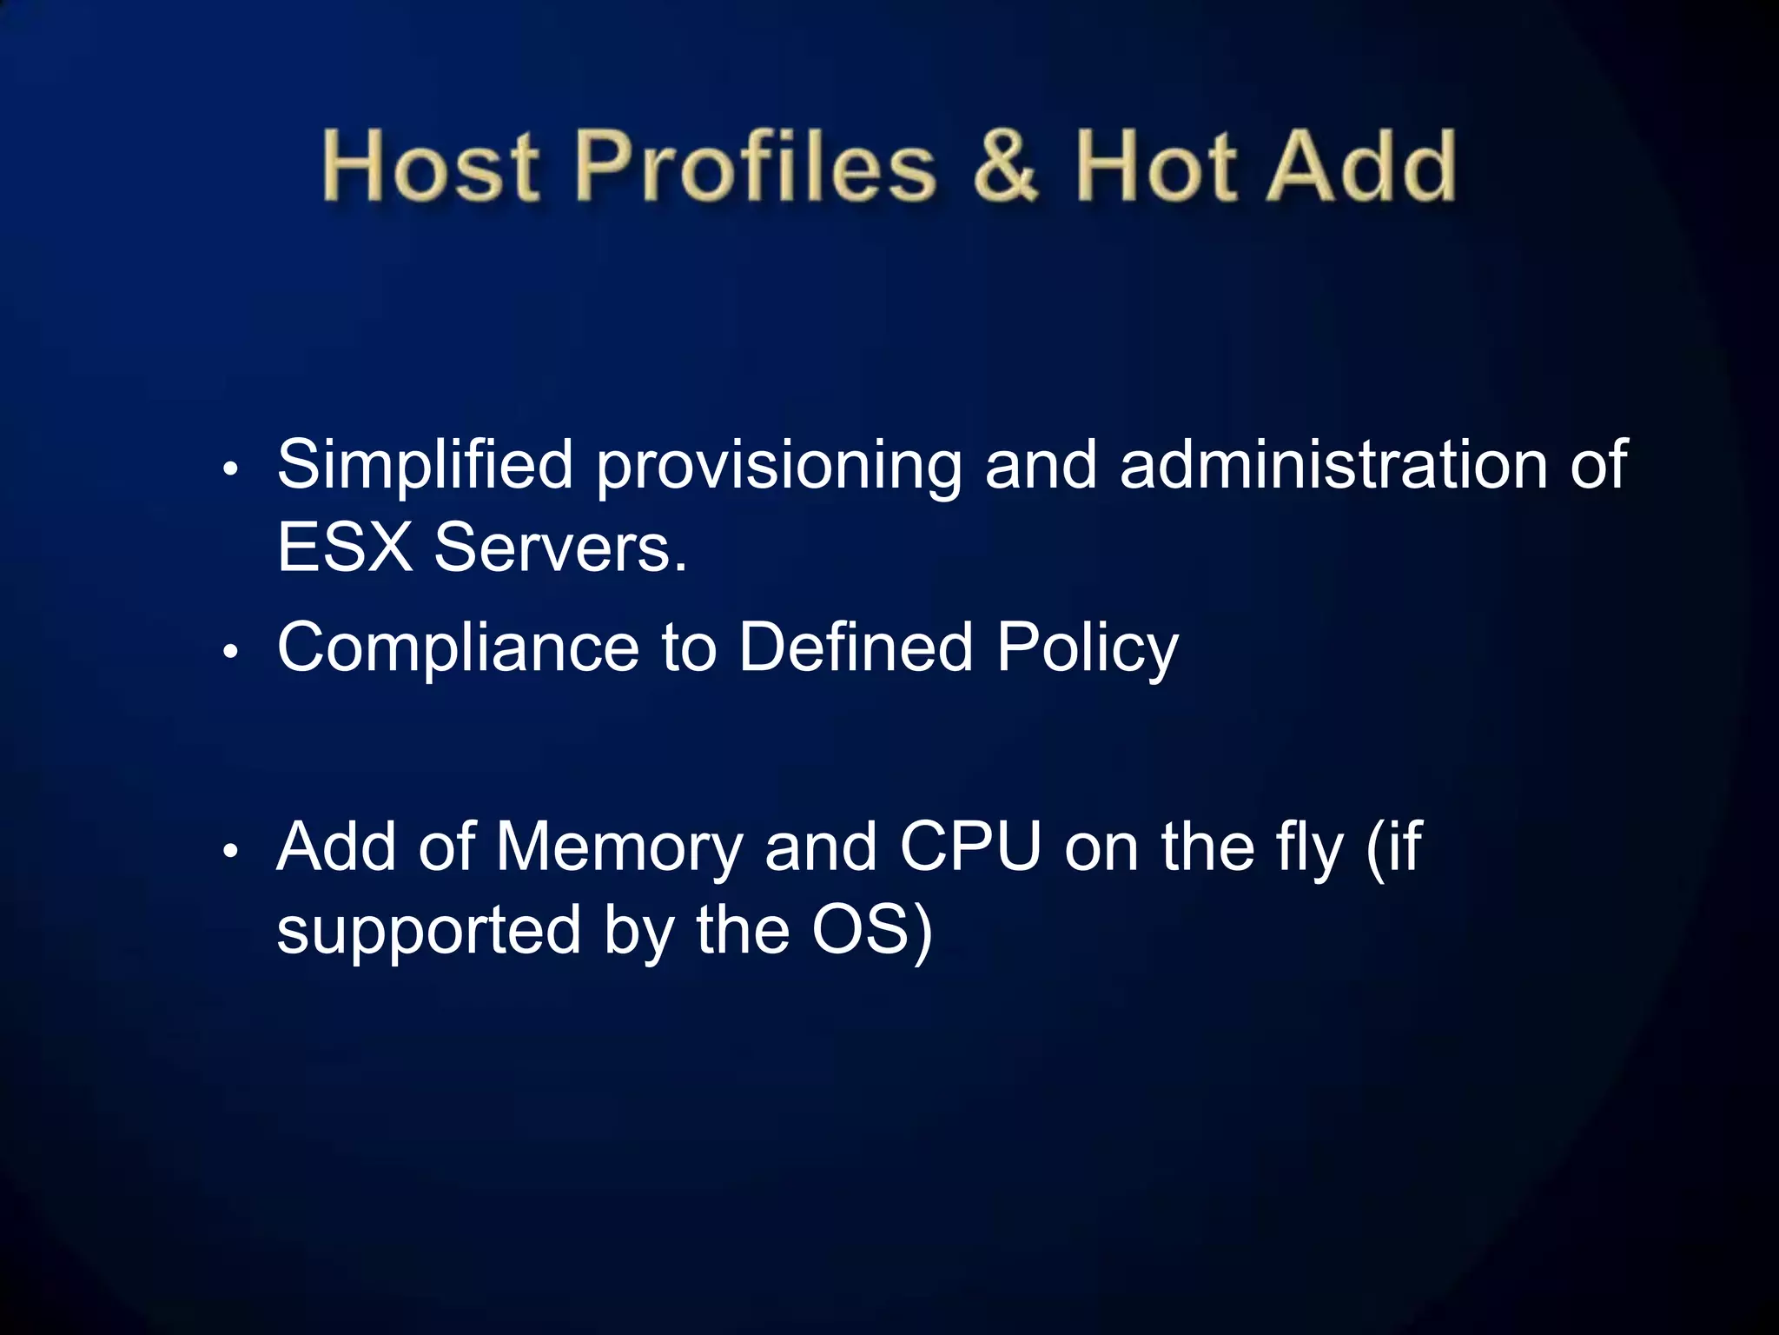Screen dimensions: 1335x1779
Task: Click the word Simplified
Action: (425, 466)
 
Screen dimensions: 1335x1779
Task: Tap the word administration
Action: (1333, 466)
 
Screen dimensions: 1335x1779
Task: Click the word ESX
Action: (345, 548)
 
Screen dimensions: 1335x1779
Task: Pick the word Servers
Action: (560, 548)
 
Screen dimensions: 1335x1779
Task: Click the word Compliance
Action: (458, 648)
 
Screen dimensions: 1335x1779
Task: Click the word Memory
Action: (618, 847)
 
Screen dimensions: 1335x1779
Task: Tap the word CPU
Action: (970, 847)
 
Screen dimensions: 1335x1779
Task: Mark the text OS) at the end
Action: (872, 930)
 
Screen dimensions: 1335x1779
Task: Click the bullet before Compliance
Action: (230, 651)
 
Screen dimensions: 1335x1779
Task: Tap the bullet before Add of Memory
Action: (230, 851)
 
